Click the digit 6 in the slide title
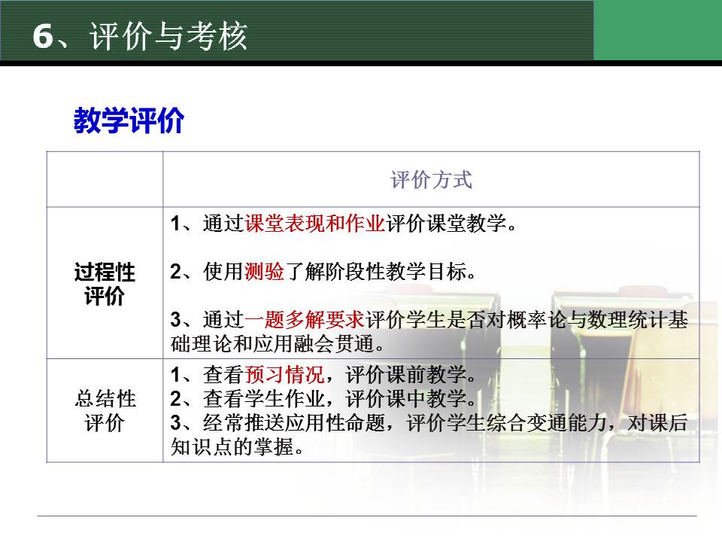(43, 35)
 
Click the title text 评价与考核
(168, 35)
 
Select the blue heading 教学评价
(129, 120)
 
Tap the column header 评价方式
(432, 180)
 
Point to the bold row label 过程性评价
(105, 284)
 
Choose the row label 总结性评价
(105, 411)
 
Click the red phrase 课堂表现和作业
(315, 224)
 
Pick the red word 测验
(264, 272)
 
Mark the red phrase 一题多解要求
(305, 319)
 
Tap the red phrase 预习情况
(284, 375)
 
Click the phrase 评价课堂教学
(446, 224)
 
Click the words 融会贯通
(332, 344)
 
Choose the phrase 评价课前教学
(406, 375)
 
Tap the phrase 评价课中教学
(406, 399)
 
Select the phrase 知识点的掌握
(232, 446)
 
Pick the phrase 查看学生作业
(264, 399)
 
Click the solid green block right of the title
(658, 30)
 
